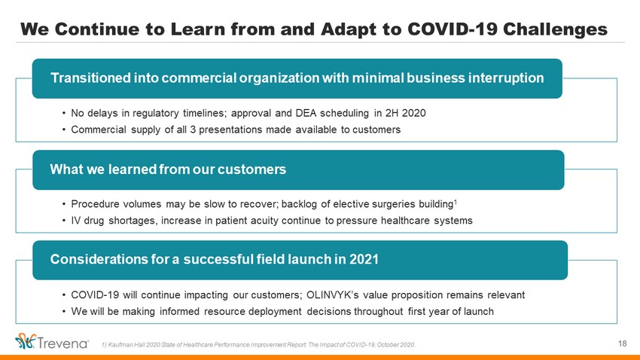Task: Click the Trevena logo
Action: coord(51,341)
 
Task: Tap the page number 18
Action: coord(622,343)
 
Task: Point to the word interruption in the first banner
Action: coord(506,78)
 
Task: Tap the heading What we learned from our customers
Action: coord(168,169)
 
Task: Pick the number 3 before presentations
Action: coord(193,130)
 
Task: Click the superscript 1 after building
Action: coord(456,201)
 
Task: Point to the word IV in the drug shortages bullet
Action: coord(75,221)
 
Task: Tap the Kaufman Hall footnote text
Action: coord(258,345)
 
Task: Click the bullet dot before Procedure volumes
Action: coord(64,204)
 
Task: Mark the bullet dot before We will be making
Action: coord(64,312)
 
